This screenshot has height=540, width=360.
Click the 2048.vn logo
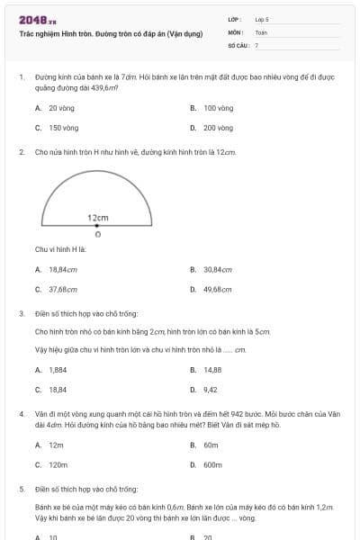pos(37,20)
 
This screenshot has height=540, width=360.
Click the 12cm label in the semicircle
pos(98,218)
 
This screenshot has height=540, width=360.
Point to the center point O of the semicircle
pos(97,226)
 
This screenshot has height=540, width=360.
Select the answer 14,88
pos(212,369)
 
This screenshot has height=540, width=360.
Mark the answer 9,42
pos(211,390)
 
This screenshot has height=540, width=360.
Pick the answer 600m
pos(212,465)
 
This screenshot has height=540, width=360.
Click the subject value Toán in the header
pos(261,31)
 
